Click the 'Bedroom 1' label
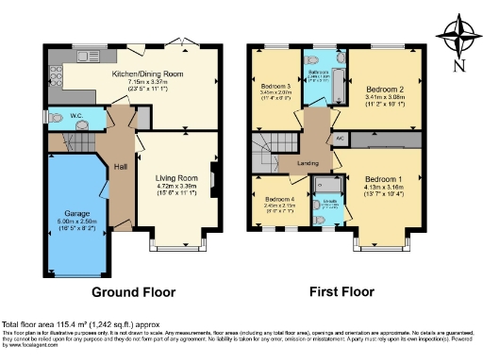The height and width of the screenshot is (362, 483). click(x=383, y=178)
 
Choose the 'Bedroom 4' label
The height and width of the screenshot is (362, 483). click(x=279, y=199)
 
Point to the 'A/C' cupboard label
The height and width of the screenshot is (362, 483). click(x=339, y=137)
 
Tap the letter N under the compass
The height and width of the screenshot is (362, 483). click(x=458, y=65)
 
